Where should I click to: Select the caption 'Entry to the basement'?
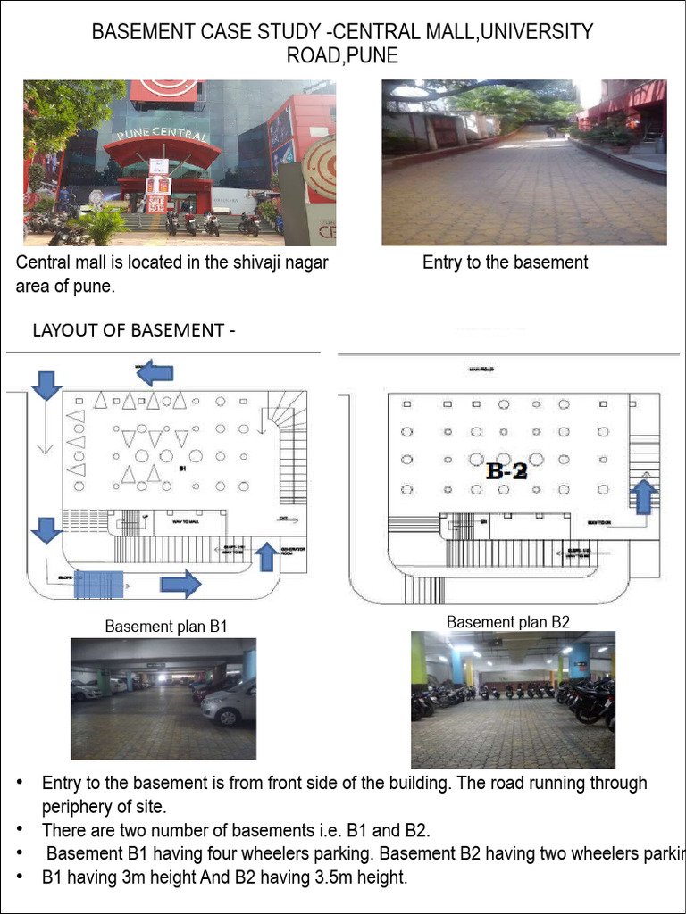tap(505, 262)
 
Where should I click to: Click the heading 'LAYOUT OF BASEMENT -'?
tap(134, 330)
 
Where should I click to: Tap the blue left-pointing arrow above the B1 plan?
tap(155, 371)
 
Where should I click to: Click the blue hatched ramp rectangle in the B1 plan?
tap(98, 585)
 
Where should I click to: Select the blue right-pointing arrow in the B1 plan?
tap(180, 586)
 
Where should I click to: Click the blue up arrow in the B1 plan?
tap(266, 555)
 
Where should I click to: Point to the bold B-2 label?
tap(506, 471)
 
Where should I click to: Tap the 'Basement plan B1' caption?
tap(166, 627)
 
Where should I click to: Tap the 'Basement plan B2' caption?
tap(508, 622)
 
